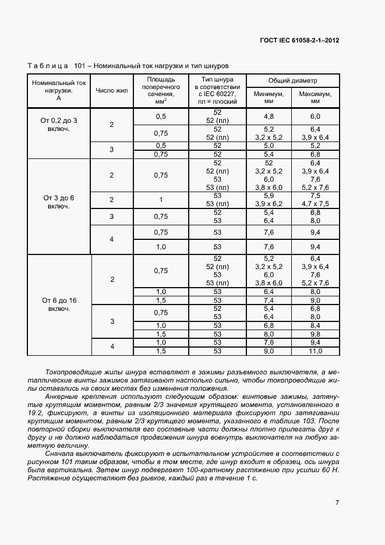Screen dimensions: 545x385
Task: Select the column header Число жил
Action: (111, 91)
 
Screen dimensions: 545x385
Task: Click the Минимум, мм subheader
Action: (269, 97)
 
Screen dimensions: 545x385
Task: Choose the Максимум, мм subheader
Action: (315, 97)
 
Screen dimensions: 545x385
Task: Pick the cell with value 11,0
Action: (315, 351)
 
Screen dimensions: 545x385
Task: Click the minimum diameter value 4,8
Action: (269, 116)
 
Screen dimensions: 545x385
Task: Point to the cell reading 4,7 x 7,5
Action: (315, 204)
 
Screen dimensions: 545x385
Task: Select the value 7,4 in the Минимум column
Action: (269, 300)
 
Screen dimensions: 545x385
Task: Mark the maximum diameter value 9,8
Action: (315, 334)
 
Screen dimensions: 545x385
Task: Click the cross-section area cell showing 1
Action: (161, 200)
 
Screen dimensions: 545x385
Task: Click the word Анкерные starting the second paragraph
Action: (61, 397)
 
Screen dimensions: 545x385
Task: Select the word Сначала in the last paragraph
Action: (59, 453)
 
